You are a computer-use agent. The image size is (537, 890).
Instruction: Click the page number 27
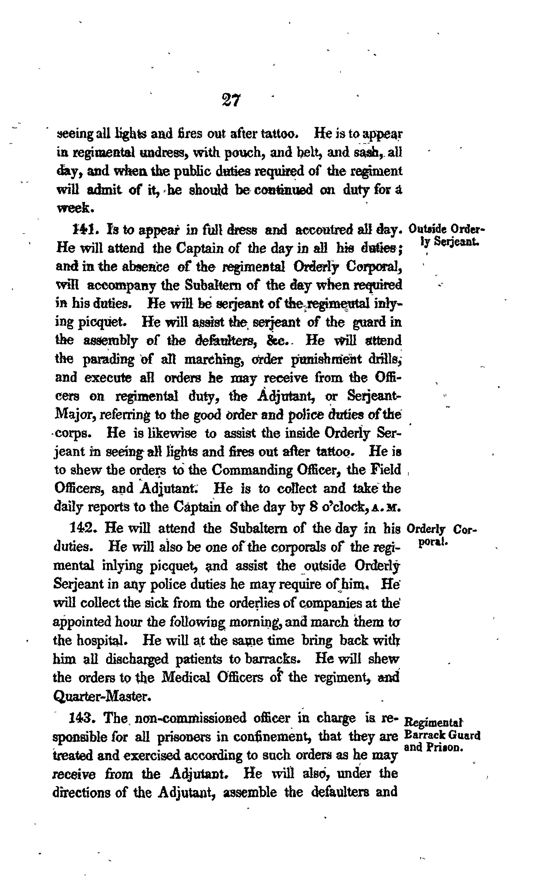(231, 100)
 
